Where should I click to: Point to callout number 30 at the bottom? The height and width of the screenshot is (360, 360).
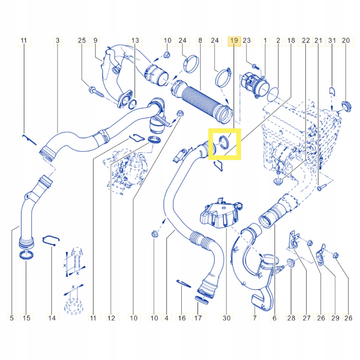pos(226,318)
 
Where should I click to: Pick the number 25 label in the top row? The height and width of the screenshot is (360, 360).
pos(82,41)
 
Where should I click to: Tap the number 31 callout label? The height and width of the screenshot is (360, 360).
pos(332,41)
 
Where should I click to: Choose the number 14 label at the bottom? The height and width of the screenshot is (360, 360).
pos(52,318)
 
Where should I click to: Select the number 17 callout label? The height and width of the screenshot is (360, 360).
pos(198,318)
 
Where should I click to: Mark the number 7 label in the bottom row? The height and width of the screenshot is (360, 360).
pos(254,318)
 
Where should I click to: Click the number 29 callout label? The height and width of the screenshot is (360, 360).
pos(335,318)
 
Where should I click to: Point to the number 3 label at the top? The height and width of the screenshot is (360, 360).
pos(57,41)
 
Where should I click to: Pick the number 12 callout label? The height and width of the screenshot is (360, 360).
pos(111,318)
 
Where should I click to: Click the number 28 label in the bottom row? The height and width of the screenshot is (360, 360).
pos(291,318)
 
